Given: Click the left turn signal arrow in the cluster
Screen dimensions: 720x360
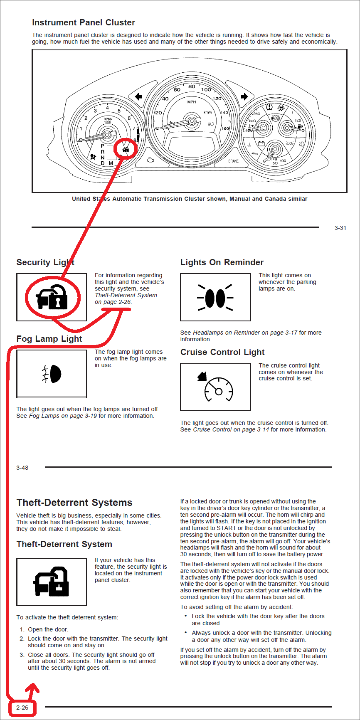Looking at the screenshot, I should click(x=138, y=97).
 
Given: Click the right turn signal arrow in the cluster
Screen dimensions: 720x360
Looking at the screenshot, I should click(x=244, y=97).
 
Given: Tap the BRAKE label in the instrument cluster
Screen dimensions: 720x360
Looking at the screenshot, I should click(x=233, y=161).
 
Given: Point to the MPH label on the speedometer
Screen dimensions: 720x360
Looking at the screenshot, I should click(x=191, y=102).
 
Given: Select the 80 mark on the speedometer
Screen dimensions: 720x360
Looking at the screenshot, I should click(x=191, y=87).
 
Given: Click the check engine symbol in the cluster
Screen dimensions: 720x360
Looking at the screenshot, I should click(x=150, y=160).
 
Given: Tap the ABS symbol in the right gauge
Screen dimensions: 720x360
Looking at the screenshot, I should click(x=275, y=118).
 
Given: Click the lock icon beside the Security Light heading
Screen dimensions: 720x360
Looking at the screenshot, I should click(x=52, y=297).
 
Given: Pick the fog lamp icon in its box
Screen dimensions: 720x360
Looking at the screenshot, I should click(x=52, y=374).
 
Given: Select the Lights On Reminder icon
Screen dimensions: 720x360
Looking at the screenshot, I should click(x=215, y=297).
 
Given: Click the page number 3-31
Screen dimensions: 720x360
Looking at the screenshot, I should click(x=340, y=228).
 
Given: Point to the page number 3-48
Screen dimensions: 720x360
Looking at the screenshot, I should click(x=22, y=468).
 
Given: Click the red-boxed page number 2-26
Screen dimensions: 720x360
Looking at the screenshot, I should click(x=22, y=708).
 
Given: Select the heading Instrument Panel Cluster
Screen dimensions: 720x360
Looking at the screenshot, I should click(x=84, y=22).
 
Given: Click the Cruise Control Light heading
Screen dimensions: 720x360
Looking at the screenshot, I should click(x=222, y=352).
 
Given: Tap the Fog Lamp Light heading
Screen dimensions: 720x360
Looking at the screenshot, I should click(x=49, y=339).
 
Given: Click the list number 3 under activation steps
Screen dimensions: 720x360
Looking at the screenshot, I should click(x=22, y=655).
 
